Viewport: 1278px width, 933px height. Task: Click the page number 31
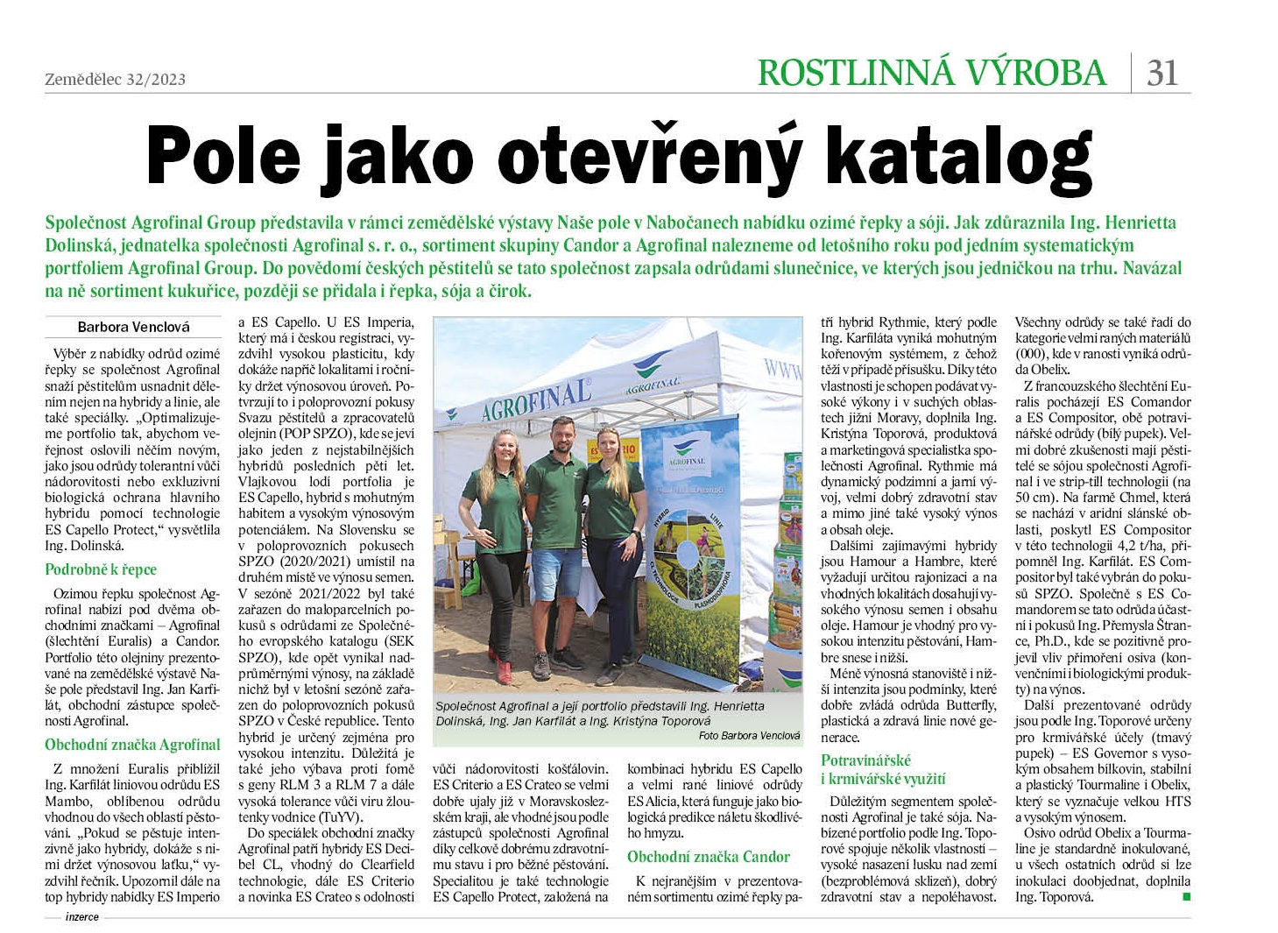point(1162,72)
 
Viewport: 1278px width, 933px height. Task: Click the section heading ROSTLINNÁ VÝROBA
point(932,72)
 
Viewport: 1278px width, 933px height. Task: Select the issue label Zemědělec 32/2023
point(115,79)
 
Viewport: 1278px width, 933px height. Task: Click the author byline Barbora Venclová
point(133,327)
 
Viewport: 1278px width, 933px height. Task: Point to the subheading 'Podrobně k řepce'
point(101,569)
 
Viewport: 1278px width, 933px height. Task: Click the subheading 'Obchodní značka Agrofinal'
point(132,745)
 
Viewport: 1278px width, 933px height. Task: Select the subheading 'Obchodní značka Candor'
point(709,857)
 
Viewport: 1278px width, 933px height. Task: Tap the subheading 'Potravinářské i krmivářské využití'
point(883,769)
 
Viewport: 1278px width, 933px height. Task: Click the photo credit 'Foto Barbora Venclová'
point(749,736)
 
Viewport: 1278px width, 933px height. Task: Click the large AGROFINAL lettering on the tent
point(535,397)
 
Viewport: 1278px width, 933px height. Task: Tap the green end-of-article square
point(1186,896)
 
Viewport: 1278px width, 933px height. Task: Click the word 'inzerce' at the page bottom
point(82,917)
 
